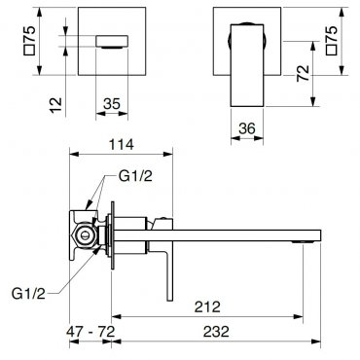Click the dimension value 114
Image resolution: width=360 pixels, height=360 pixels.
tap(121, 144)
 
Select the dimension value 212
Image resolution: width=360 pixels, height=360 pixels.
tap(207, 306)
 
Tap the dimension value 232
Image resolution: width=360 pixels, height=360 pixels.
tap(216, 332)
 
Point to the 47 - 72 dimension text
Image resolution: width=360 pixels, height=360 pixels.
tap(90, 332)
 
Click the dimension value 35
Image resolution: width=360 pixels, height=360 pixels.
tap(112, 104)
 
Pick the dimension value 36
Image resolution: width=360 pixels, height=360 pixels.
tap(247, 128)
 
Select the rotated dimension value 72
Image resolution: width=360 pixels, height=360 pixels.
tap(304, 73)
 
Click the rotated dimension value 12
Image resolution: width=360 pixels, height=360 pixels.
tap(55, 105)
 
